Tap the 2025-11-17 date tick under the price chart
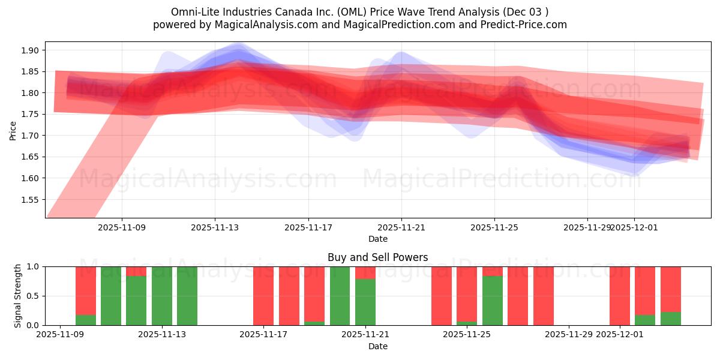pos(308,228)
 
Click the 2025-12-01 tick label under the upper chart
pos(634,228)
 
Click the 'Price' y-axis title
pos(13,130)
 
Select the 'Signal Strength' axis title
pos(18,296)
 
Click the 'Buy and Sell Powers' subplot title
pos(377,257)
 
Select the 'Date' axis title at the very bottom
pos(377,346)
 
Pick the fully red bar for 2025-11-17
pos(263,296)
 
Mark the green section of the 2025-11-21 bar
pos(365,302)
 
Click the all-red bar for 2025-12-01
pos(620,296)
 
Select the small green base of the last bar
pos(671,319)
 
